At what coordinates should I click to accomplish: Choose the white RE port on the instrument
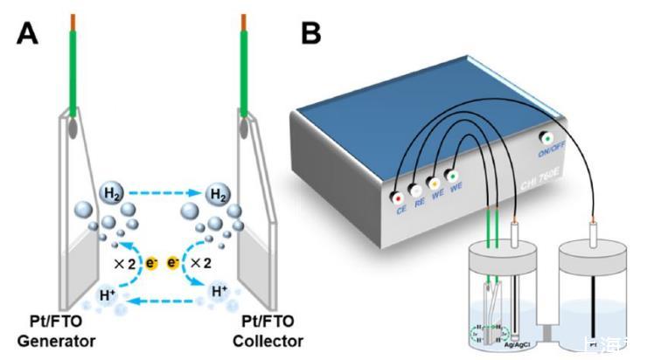coord(414,190)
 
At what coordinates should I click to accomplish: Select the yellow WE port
coord(432,182)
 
